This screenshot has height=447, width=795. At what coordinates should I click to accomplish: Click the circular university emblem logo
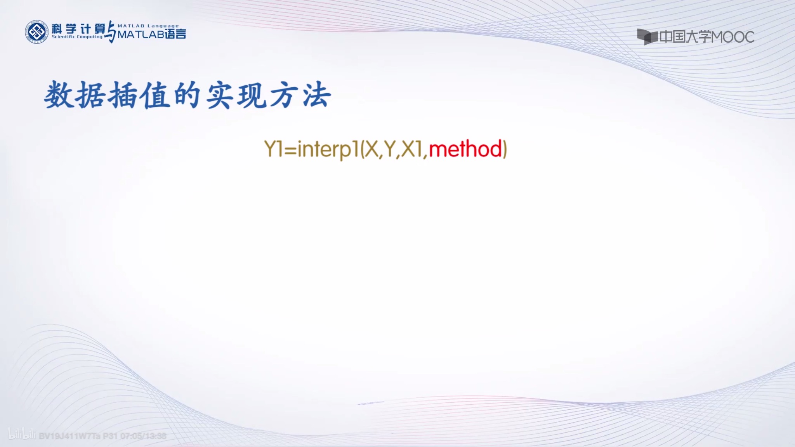[36, 32]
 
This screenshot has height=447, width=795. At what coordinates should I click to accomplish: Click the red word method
[465, 149]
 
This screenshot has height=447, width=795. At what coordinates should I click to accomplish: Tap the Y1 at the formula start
[273, 149]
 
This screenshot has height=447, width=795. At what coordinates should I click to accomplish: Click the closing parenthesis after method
[505, 149]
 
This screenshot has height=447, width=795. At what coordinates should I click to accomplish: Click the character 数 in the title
[59, 95]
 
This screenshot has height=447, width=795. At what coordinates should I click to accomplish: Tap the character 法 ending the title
[316, 95]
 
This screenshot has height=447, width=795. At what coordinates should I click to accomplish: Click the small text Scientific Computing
[77, 37]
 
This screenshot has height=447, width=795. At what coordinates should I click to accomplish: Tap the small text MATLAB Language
[148, 26]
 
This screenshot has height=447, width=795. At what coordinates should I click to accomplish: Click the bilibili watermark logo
[22, 435]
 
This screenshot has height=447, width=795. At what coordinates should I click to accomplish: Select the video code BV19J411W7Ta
[69, 436]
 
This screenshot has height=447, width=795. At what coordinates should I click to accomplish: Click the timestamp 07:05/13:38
[143, 436]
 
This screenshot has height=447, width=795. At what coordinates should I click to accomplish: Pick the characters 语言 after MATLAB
[175, 35]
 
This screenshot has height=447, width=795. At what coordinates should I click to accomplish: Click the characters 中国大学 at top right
[685, 37]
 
